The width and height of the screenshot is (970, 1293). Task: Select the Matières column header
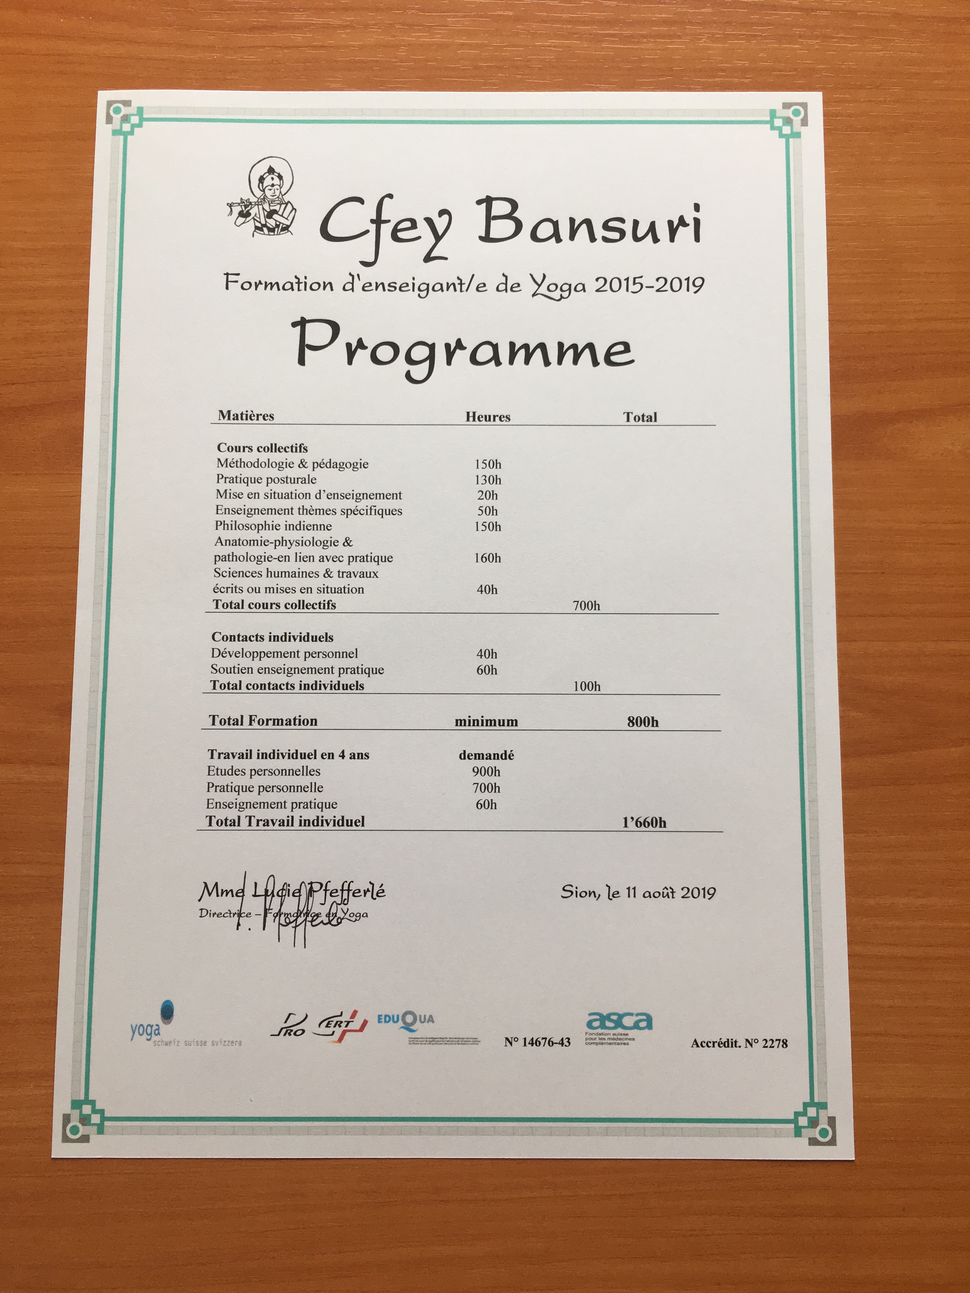click(x=246, y=416)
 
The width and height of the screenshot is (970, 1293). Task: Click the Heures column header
click(x=488, y=417)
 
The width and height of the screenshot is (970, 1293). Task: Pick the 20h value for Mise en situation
click(x=488, y=495)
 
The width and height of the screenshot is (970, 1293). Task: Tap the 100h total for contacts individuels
click(x=586, y=686)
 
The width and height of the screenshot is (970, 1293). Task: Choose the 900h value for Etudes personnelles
click(x=487, y=772)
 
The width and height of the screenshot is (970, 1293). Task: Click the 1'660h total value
click(x=644, y=823)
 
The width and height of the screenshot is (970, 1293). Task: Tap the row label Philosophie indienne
click(x=273, y=526)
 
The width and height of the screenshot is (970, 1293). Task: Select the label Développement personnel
click(x=284, y=654)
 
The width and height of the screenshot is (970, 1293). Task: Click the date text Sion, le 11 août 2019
click(x=638, y=892)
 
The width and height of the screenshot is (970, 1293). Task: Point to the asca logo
click(x=619, y=1021)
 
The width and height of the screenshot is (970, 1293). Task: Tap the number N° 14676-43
click(x=537, y=1042)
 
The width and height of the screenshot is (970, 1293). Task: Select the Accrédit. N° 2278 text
click(x=739, y=1044)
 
